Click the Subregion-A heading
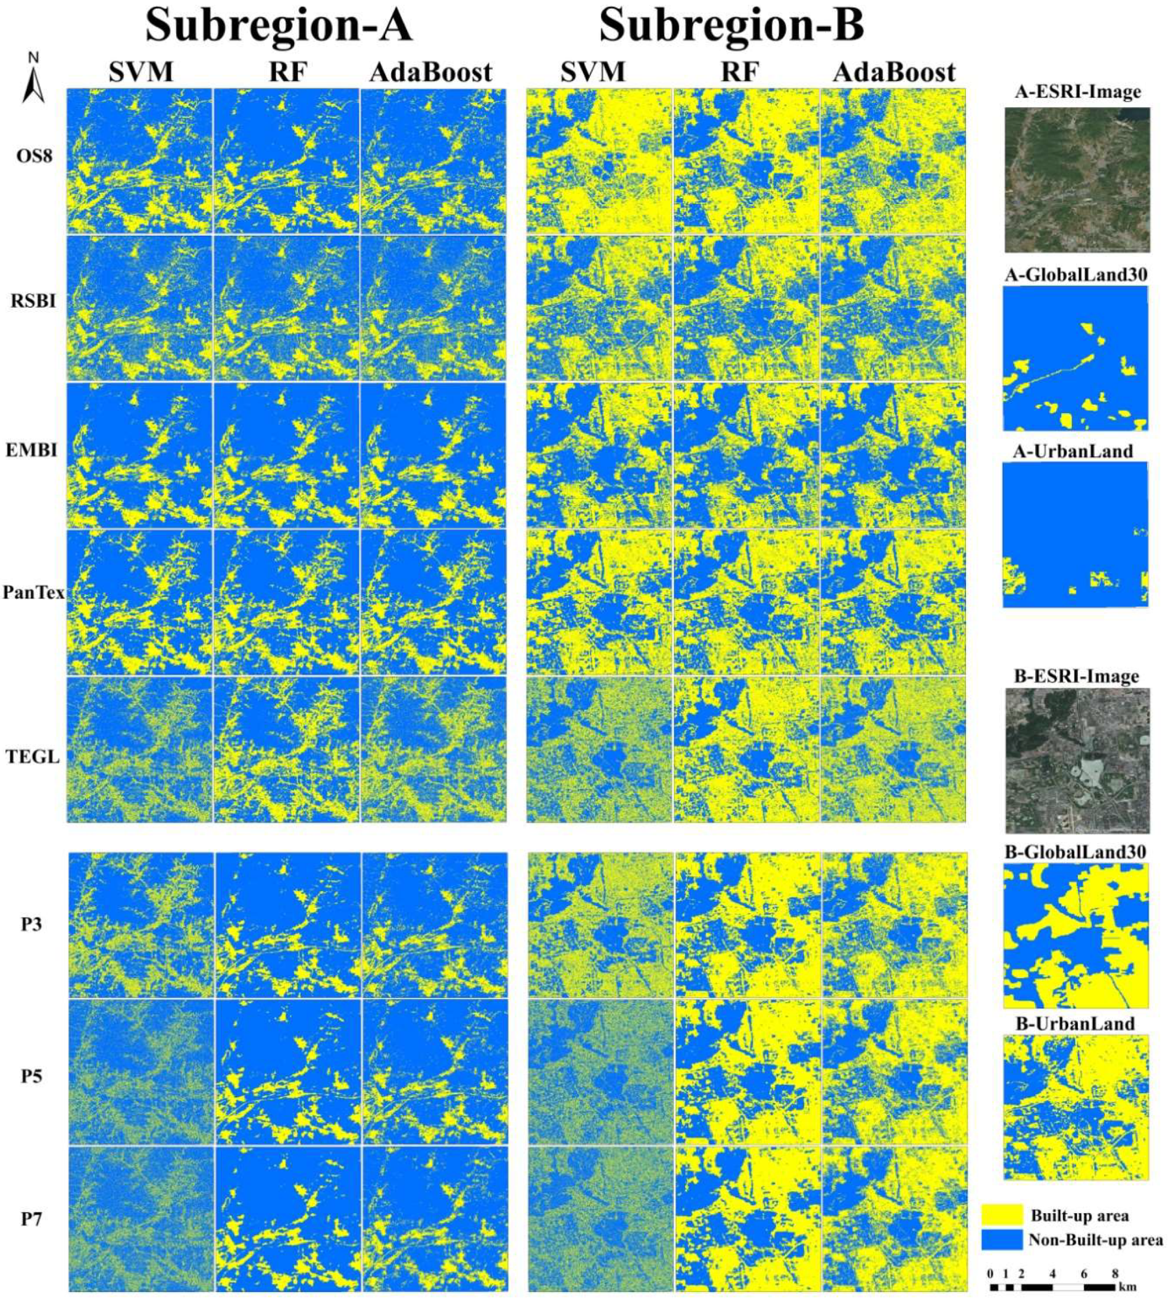point(278,27)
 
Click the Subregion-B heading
point(732,27)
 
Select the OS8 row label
point(34,156)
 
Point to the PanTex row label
point(33,592)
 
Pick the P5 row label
point(31,1076)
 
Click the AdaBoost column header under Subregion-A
point(431,72)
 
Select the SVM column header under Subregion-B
point(593,72)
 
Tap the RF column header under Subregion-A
point(287,72)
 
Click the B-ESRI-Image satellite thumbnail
point(1077,761)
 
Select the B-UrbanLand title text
point(1077,1023)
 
